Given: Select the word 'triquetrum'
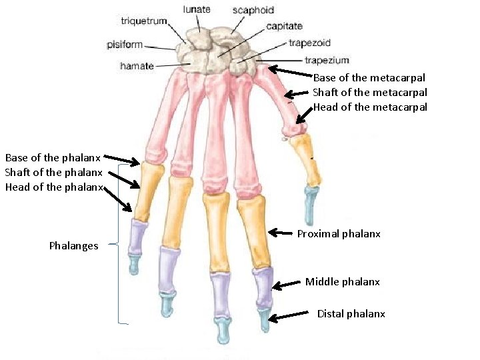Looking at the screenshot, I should click(144, 21).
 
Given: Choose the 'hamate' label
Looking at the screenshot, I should click(137, 66).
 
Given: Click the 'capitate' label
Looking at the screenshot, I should click(284, 26).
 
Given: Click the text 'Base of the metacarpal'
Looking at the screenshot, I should click(369, 78).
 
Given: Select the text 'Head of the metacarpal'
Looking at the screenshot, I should click(369, 107).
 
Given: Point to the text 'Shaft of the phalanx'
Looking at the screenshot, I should click(53, 173).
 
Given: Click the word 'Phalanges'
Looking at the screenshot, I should click(73, 245).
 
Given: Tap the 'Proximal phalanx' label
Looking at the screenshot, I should click(339, 234).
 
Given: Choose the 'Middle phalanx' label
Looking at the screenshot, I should click(343, 281).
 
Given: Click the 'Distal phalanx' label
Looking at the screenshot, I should click(351, 313).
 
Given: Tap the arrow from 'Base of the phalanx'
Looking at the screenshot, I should click(121, 159).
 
